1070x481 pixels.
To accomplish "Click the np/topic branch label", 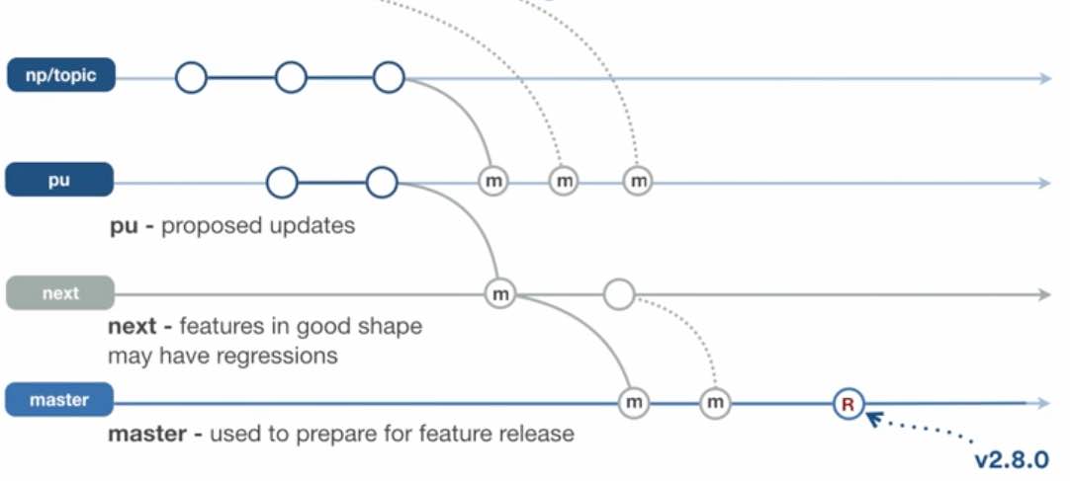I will pyautogui.click(x=61, y=76).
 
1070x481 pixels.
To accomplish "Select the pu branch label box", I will pyautogui.click(x=59, y=182).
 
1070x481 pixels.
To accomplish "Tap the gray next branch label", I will pyautogui.click(x=59, y=293).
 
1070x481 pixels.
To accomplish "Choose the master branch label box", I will pyautogui.click(x=59, y=400).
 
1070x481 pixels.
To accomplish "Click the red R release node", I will pyautogui.click(x=847, y=403).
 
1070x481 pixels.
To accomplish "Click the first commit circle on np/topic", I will pyautogui.click(x=192, y=77).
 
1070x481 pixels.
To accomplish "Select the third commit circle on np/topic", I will pyautogui.click(x=389, y=77).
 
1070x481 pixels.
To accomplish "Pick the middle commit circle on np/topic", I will pyautogui.click(x=291, y=77).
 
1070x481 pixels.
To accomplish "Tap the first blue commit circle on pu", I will pyautogui.click(x=282, y=182).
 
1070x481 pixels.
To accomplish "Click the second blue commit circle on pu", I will pyautogui.click(x=381, y=182).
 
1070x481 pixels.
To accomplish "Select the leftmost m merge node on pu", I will pyautogui.click(x=493, y=182).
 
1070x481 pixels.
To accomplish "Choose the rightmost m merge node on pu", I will pyautogui.click(x=638, y=182).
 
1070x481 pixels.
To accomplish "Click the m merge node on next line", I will pyautogui.click(x=500, y=293).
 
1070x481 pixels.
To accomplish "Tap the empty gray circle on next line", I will pyautogui.click(x=618, y=293).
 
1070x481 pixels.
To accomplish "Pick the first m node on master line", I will pyautogui.click(x=633, y=403).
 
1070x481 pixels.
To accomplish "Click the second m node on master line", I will pyautogui.click(x=715, y=403).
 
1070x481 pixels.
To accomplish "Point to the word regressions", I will pyautogui.click(x=279, y=355).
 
